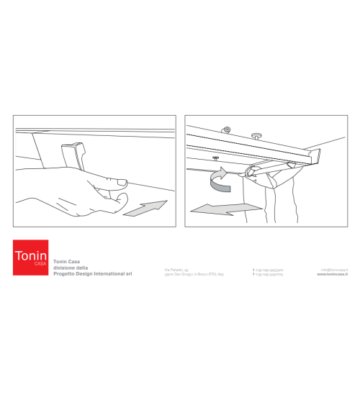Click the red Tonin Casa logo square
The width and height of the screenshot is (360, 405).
point(30,258)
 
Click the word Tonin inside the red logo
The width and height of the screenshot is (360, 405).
point(30,255)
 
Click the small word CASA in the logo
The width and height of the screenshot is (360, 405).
point(40,264)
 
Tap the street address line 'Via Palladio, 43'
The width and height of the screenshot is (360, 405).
point(176,269)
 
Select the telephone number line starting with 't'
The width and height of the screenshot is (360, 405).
point(268,269)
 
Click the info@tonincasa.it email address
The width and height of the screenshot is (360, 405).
point(334,269)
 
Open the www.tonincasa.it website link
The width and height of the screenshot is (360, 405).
point(333,275)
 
